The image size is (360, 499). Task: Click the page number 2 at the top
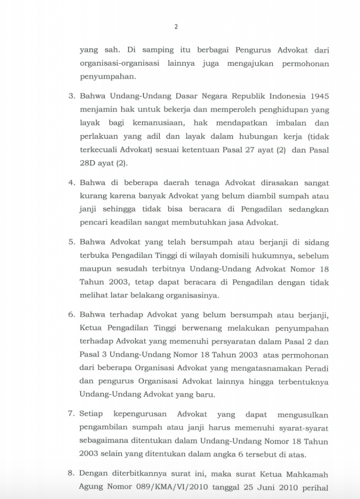tap(176, 27)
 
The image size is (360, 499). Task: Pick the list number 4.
tap(71, 183)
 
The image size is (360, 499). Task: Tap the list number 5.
tap(71, 241)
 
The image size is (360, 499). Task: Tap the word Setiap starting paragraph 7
tap(91, 415)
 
